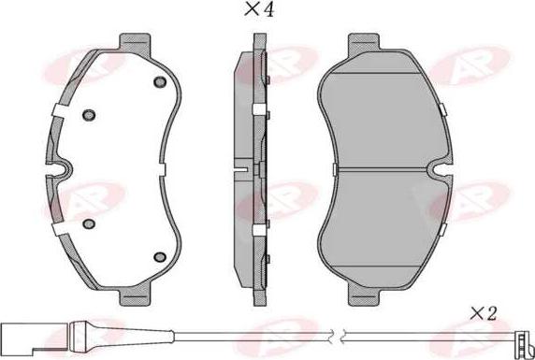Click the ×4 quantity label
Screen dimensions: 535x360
click(x=259, y=9)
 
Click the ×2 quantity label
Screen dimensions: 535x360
click(x=483, y=314)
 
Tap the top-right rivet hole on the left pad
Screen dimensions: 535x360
click(x=160, y=82)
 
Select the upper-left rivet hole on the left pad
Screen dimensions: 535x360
click(x=89, y=115)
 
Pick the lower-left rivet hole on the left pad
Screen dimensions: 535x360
click(x=89, y=223)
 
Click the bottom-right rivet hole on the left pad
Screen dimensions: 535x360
click(x=160, y=256)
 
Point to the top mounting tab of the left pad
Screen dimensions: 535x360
click(x=135, y=43)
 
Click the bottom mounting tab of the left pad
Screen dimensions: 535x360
click(x=135, y=295)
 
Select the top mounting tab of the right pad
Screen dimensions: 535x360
click(x=364, y=43)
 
